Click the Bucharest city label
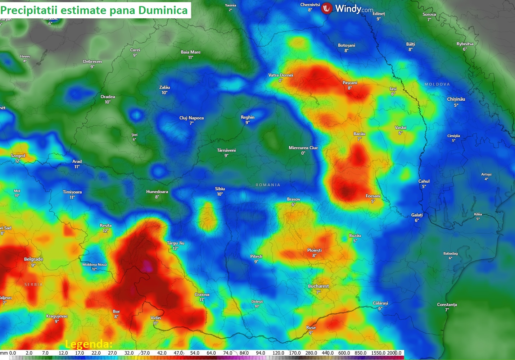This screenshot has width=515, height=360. coord(318,286)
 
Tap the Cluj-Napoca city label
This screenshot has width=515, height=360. coord(191,118)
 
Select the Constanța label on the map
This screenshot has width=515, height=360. coord(447,305)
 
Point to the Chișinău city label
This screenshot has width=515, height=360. coord(456,99)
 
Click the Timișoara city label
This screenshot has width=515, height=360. coord(72,192)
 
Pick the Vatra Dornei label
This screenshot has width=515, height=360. coord(281,75)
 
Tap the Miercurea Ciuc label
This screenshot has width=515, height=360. coord(303,148)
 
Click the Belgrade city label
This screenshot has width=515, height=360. coord(33,259)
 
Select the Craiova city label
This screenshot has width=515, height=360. coord(202,295)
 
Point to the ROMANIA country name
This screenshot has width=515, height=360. coord(268,185)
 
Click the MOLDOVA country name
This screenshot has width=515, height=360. coord(437,84)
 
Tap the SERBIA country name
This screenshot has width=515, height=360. coord(33,284)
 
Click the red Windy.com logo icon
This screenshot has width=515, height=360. coord(327,8)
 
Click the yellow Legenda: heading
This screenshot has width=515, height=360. coord(89,344)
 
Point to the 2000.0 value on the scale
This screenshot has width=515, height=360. coord(394,353)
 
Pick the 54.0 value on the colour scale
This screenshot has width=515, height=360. coord(195,353)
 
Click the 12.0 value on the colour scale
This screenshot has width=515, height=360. coord(63,353)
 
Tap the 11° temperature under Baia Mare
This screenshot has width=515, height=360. coord(190,58)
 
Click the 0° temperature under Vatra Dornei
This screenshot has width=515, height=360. coord(280,81)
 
